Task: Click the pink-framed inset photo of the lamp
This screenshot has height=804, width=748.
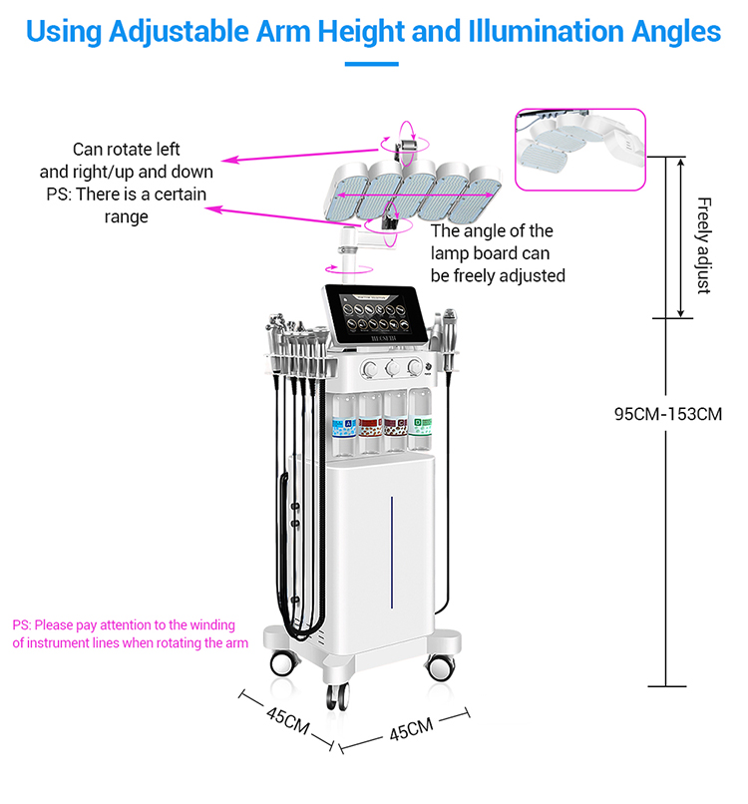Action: [x=579, y=150]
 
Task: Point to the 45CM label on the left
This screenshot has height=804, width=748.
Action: [x=287, y=720]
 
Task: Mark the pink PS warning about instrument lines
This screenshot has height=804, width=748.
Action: [x=130, y=634]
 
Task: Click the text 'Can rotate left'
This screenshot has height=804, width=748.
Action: [x=127, y=150]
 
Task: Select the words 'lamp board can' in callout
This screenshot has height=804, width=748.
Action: [x=490, y=253]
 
